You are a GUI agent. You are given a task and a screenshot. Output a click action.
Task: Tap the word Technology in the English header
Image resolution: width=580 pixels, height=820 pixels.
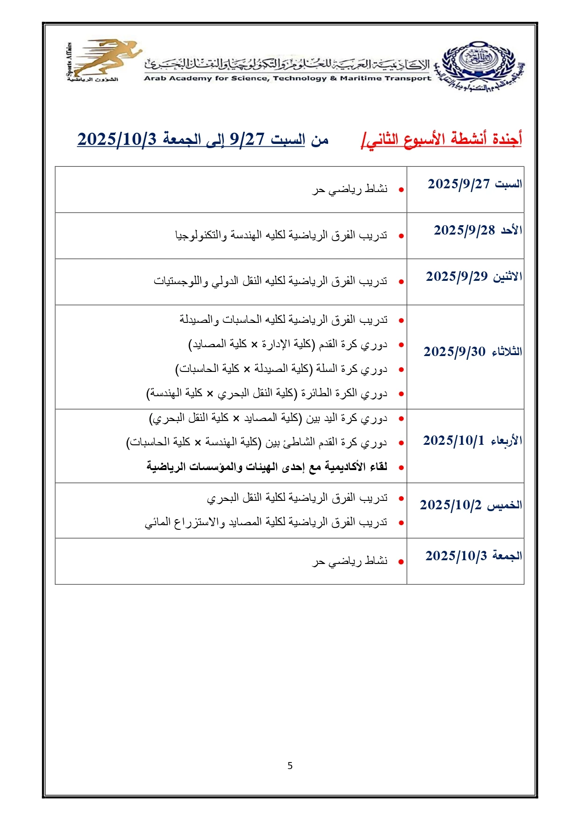pyautogui.click(x=300, y=78)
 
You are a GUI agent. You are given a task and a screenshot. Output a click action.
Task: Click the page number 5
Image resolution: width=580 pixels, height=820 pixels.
pyautogui.click(x=290, y=765)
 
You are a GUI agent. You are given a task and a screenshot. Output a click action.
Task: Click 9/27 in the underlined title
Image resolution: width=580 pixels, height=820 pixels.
pyautogui.click(x=247, y=139)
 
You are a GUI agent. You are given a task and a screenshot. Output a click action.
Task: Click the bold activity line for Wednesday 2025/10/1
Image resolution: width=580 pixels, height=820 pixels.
pyautogui.click(x=267, y=467)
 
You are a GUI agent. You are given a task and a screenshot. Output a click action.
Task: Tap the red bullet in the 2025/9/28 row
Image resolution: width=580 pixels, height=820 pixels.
pyautogui.click(x=401, y=236)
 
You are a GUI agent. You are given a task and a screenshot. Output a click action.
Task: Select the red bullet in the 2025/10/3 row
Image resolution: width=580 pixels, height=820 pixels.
pyautogui.click(x=401, y=562)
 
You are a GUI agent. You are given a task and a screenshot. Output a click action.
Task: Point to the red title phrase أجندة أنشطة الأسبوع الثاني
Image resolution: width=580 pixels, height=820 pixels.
pyautogui.click(x=442, y=139)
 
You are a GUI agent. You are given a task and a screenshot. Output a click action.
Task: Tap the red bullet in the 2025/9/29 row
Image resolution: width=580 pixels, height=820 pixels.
pyautogui.click(x=401, y=282)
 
